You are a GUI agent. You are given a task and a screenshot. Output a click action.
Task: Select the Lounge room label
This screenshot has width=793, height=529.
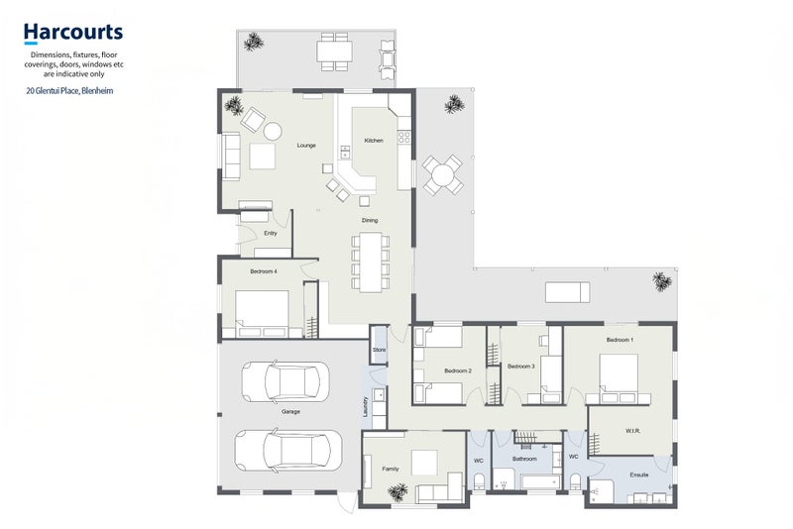[x=306, y=146]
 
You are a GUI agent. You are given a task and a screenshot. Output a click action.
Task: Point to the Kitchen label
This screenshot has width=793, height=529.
[x=374, y=141]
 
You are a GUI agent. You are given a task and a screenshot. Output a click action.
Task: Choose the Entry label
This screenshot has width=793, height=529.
[x=270, y=233]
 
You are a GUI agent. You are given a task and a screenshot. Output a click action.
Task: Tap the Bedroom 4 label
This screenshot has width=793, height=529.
[x=264, y=270]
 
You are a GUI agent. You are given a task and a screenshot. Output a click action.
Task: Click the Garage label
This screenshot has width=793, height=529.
[x=290, y=411]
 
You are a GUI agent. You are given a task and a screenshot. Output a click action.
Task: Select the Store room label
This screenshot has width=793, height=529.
[x=379, y=350]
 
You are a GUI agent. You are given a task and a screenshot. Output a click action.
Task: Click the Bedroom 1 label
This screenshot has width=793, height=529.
[x=620, y=340]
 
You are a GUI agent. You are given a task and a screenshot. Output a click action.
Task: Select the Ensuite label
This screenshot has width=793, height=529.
[x=639, y=475]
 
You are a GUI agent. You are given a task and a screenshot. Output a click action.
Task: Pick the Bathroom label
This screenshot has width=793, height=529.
[x=524, y=459]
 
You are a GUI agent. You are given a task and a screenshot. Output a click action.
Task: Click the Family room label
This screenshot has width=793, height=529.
[x=392, y=466]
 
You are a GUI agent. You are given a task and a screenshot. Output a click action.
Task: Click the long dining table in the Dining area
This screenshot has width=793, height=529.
[x=370, y=262]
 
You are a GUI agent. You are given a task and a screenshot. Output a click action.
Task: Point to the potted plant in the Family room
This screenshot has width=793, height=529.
[x=398, y=491]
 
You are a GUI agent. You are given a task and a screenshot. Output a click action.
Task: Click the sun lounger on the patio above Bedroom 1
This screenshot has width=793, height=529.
[x=570, y=291]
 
